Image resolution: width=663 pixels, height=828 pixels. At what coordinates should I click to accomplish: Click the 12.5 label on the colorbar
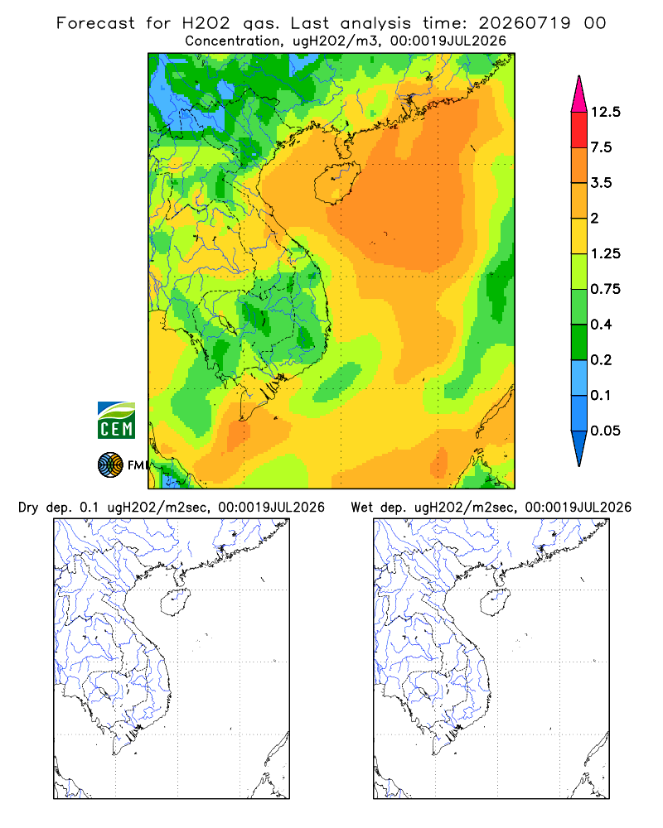[605, 112]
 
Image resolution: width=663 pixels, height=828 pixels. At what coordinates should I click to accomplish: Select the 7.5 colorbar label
[601, 147]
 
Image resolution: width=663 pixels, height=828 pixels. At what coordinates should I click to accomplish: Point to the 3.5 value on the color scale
[601, 183]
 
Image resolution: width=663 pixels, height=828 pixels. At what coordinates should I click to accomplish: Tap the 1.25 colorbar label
[605, 253]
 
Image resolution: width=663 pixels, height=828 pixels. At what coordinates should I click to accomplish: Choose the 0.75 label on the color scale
[605, 289]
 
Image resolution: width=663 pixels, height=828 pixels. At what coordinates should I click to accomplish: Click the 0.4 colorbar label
[601, 325]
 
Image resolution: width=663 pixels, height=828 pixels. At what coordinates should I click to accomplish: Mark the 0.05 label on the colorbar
[605, 431]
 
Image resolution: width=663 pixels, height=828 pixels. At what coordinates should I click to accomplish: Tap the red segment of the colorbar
[579, 130]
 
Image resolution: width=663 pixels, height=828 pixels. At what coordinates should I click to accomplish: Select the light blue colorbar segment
[579, 378]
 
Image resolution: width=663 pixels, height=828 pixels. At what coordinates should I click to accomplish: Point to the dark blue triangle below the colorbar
[579, 446]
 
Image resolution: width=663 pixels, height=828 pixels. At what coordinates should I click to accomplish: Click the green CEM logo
[116, 421]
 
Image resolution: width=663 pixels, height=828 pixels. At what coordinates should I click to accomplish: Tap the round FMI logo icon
[110, 465]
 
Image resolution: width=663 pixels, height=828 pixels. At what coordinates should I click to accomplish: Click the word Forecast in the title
[95, 23]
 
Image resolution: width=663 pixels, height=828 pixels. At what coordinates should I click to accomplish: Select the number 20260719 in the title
[525, 23]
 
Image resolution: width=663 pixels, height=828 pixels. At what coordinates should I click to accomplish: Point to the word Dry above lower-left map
[28, 508]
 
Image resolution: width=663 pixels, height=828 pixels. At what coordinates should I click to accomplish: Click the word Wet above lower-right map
[361, 508]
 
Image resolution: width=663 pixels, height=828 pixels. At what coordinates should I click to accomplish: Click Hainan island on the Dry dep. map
[175, 602]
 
